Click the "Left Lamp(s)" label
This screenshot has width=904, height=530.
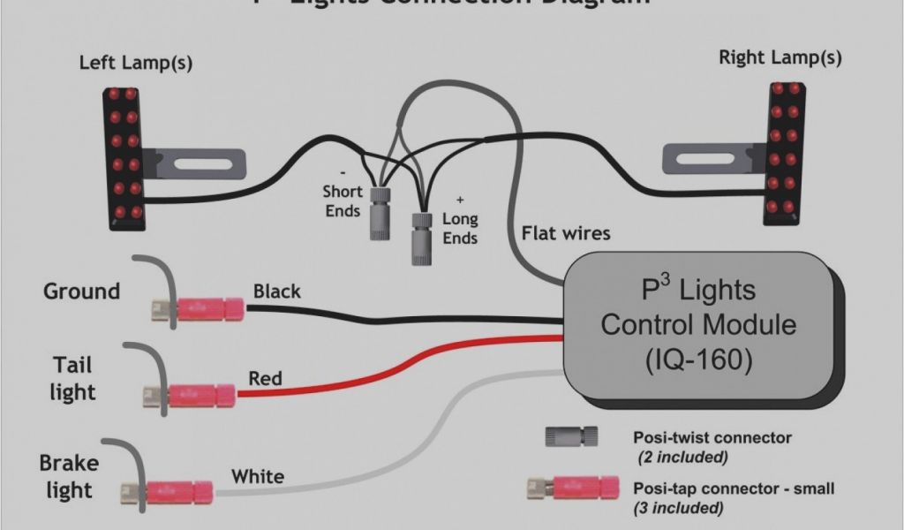[136, 63]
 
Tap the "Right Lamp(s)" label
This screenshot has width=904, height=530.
[780, 58]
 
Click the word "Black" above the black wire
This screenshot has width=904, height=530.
[276, 291]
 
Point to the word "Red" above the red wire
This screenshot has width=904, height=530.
[265, 379]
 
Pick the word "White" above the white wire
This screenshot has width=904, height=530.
[258, 477]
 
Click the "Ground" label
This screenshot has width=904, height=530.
[81, 291]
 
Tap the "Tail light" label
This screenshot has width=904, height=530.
[72, 378]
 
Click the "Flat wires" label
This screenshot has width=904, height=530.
[566, 233]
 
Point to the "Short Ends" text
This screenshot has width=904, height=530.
[342, 201]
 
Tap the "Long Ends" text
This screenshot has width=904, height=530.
[460, 228]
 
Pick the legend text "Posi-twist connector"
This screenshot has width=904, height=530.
[712, 437]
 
